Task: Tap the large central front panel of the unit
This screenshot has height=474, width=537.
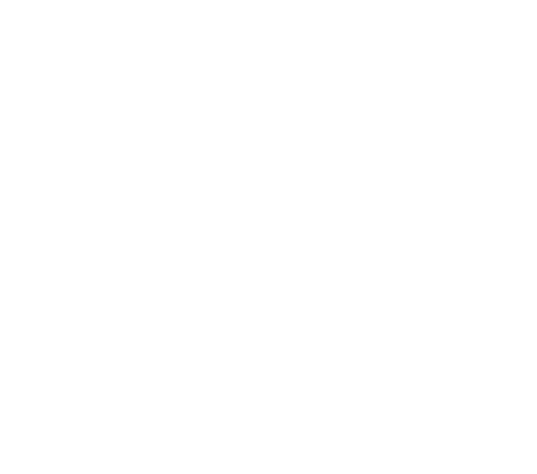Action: (247, 232)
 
